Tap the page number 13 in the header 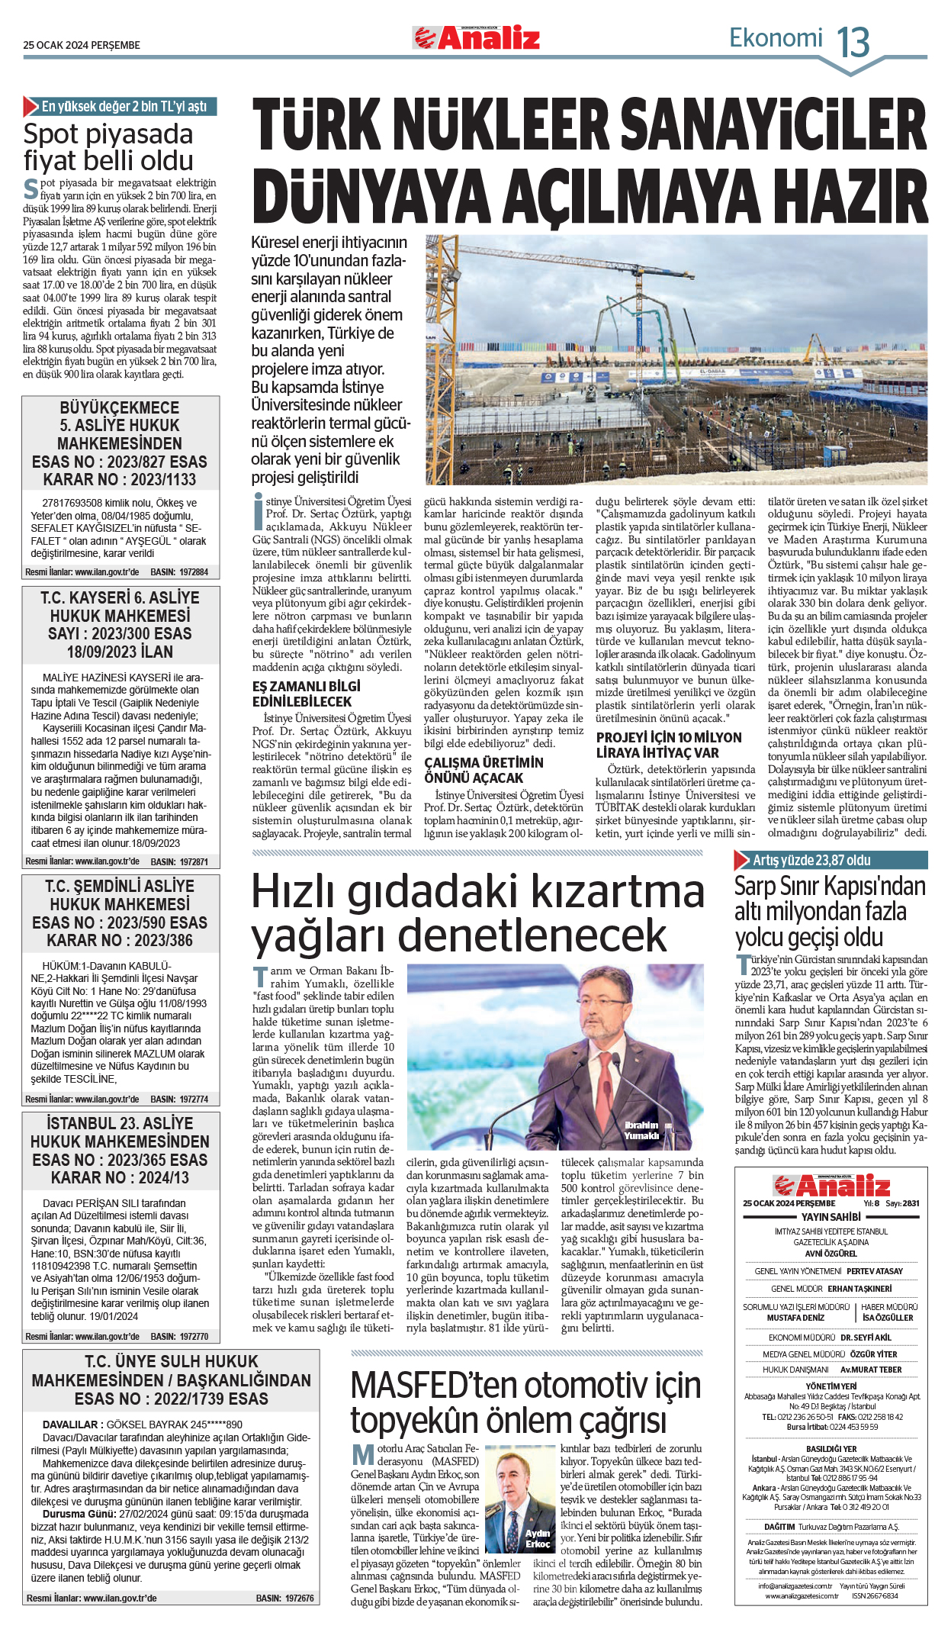[853, 41]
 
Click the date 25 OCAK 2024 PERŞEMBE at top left [82, 45]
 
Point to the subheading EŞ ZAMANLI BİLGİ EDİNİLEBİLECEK [307, 694]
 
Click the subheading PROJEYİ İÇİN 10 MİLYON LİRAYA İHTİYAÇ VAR [669, 745]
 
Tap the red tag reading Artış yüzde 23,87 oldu [811, 860]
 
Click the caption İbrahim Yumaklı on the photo [641, 1131]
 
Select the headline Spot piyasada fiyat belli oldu [108, 147]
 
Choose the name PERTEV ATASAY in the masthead [874, 1271]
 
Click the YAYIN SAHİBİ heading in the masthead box [831, 1217]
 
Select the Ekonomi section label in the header [776, 38]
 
